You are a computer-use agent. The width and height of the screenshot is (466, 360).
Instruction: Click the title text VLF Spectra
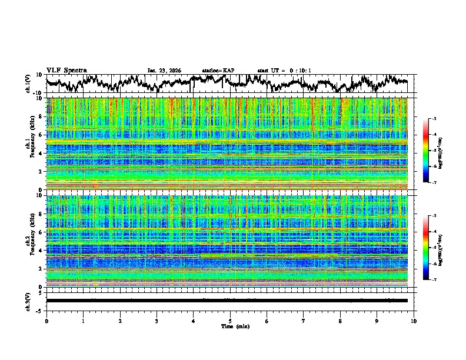[x=66, y=71]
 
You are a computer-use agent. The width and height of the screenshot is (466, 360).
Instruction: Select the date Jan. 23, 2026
[x=164, y=71]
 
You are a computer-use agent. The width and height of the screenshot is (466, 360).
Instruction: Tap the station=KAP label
[x=218, y=71]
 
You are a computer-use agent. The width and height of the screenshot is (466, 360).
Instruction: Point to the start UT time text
[x=284, y=71]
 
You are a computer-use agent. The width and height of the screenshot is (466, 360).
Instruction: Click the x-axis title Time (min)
[x=230, y=326]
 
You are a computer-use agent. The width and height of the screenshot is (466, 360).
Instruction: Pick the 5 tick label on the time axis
[x=230, y=321]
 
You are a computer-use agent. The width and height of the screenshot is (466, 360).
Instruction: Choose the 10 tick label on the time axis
[x=414, y=321]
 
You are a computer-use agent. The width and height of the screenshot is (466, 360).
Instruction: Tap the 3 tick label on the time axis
[x=157, y=321]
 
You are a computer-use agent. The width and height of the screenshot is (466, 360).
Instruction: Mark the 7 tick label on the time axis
[x=304, y=321]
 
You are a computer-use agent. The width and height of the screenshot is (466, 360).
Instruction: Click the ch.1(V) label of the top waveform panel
[x=28, y=84]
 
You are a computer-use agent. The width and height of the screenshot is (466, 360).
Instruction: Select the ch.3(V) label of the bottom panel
[x=28, y=301]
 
